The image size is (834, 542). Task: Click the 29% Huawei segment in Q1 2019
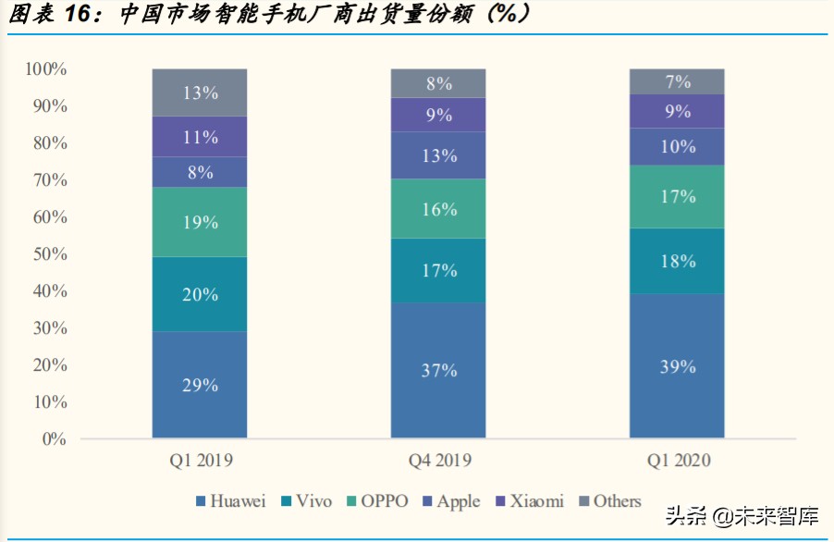point(200,385)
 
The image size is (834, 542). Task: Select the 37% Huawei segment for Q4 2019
point(438,370)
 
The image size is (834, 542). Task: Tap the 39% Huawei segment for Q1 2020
point(677,366)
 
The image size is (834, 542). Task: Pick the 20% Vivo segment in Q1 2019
point(200,294)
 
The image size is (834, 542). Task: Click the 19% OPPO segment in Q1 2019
point(200,222)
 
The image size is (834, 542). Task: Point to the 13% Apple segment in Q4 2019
point(438,155)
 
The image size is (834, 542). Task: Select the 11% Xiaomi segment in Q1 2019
point(200,137)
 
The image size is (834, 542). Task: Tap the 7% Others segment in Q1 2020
point(677,81)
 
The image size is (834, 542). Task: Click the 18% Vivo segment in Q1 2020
point(677,261)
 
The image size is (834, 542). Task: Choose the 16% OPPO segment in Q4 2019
point(438,209)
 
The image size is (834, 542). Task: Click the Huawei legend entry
point(230,501)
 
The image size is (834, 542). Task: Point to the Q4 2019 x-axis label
point(438,461)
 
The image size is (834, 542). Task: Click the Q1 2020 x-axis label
point(677,461)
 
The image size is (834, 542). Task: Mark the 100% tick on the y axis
point(46,69)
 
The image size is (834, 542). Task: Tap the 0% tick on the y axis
point(54,438)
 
